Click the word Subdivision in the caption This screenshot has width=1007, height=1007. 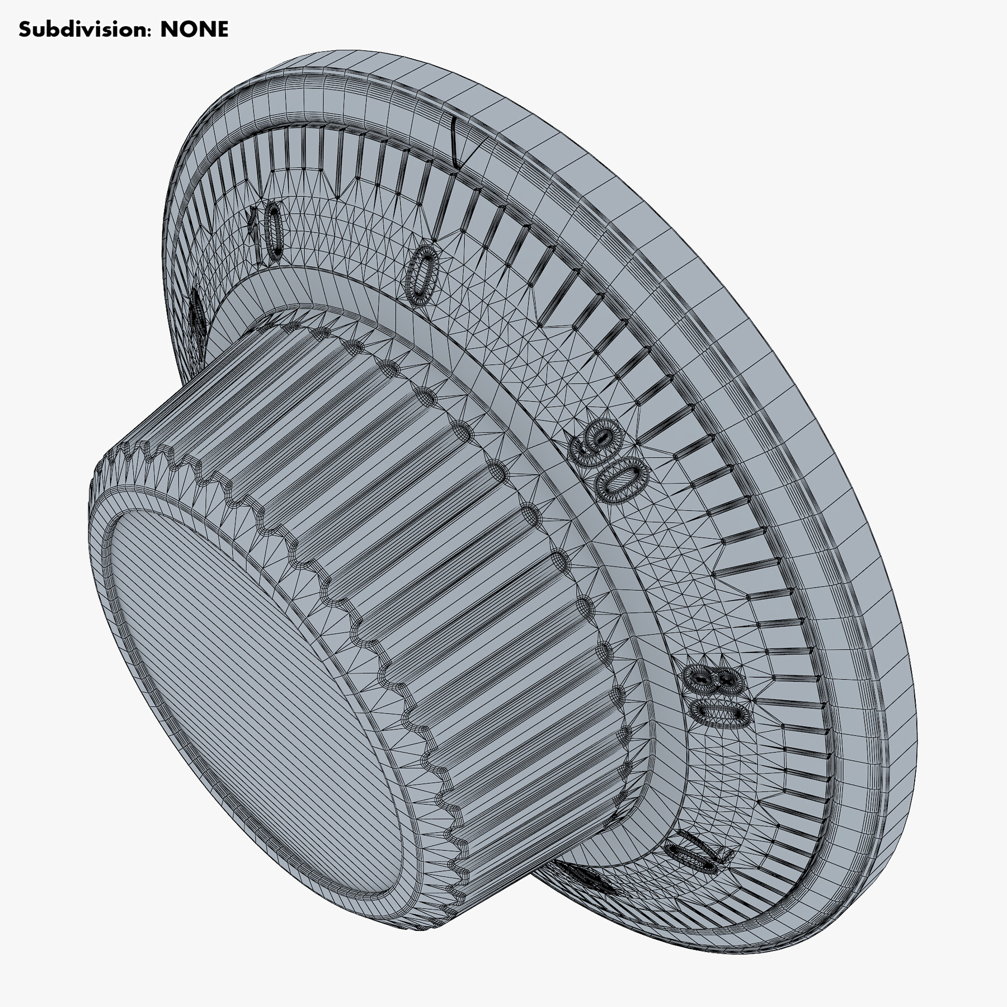pyautogui.click(x=84, y=30)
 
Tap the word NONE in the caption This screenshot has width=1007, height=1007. pyautogui.click(x=194, y=30)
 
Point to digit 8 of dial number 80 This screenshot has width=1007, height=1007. pyautogui.click(x=710, y=679)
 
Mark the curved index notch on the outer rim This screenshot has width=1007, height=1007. pyautogui.click(x=455, y=143)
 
